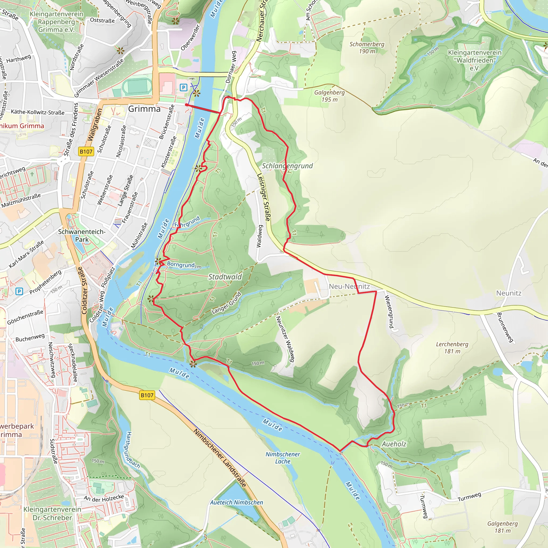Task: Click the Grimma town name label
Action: [144, 109]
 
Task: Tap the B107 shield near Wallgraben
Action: [86, 151]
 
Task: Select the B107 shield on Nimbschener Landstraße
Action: [147, 395]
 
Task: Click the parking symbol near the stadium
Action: [184, 87]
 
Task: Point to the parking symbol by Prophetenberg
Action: [19, 291]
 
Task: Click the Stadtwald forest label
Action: [225, 277]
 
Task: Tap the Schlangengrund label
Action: [287, 166]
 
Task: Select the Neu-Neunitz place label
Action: [349, 287]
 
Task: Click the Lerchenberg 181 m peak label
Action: [452, 348]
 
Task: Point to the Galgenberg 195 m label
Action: [329, 96]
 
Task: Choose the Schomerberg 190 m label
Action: [367, 48]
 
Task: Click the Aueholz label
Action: [394, 444]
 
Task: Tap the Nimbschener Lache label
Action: [283, 458]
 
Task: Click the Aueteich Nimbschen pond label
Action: [236, 502]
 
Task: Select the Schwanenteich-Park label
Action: [82, 235]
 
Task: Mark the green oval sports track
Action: [138, 86]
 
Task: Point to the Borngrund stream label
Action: [181, 265]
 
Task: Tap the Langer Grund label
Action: [226, 303]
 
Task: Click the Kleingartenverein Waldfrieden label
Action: [474, 60]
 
